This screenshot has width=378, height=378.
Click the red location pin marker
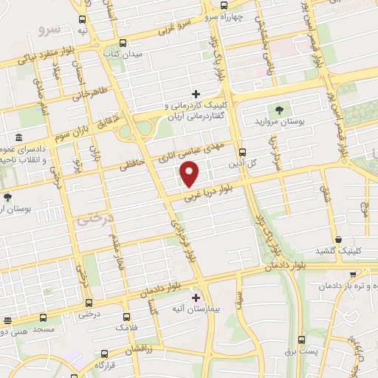tap(190, 174)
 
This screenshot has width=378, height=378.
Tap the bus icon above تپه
tap(82, 20)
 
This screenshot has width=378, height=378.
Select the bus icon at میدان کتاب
tap(123, 44)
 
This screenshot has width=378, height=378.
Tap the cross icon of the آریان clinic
tap(196, 94)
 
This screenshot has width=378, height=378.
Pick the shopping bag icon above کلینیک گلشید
tap(338, 239)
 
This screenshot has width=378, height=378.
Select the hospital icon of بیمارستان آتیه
tap(196, 297)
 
